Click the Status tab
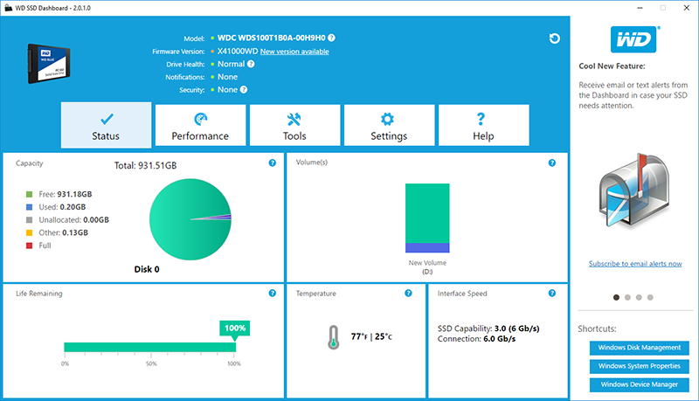pyautogui.click(x=106, y=126)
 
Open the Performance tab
pyautogui.click(x=200, y=126)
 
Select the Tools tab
pyautogui.click(x=294, y=126)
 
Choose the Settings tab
pyautogui.click(x=389, y=126)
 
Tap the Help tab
pyautogui.click(x=483, y=126)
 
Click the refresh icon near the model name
pyautogui.click(x=554, y=38)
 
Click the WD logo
pyautogui.click(x=634, y=39)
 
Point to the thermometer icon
pyautogui.click(x=333, y=337)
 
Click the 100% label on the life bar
pyautogui.click(x=235, y=328)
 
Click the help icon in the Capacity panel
pyautogui.click(x=273, y=162)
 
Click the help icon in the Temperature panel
pyautogui.click(x=408, y=294)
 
